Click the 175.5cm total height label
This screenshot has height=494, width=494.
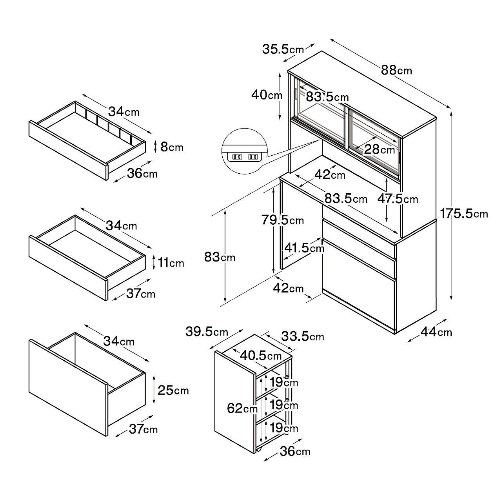click(464, 214)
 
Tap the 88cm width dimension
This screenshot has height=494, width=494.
click(396, 70)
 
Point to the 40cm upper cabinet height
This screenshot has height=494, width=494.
click(267, 95)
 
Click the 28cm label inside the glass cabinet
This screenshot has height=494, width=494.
click(379, 149)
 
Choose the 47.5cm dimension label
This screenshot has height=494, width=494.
click(398, 199)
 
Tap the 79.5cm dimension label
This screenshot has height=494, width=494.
click(282, 220)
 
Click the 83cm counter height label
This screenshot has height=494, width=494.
click(220, 257)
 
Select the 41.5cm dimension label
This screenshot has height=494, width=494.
click(304, 248)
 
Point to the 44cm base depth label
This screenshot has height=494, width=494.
click(436, 332)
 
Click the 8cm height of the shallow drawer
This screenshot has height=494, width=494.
click(172, 147)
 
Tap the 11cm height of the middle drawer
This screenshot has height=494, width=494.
click(171, 262)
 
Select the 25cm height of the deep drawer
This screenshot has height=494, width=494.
click(173, 390)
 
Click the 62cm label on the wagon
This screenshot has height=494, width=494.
click(242, 409)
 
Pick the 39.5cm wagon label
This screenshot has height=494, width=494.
click(207, 332)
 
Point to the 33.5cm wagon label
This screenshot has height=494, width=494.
click(302, 336)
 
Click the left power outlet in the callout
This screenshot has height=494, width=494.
click(237, 157)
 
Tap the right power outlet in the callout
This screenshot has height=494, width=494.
click(253, 157)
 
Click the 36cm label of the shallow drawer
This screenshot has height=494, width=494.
click(142, 173)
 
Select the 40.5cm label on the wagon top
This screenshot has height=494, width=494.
click(261, 356)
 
